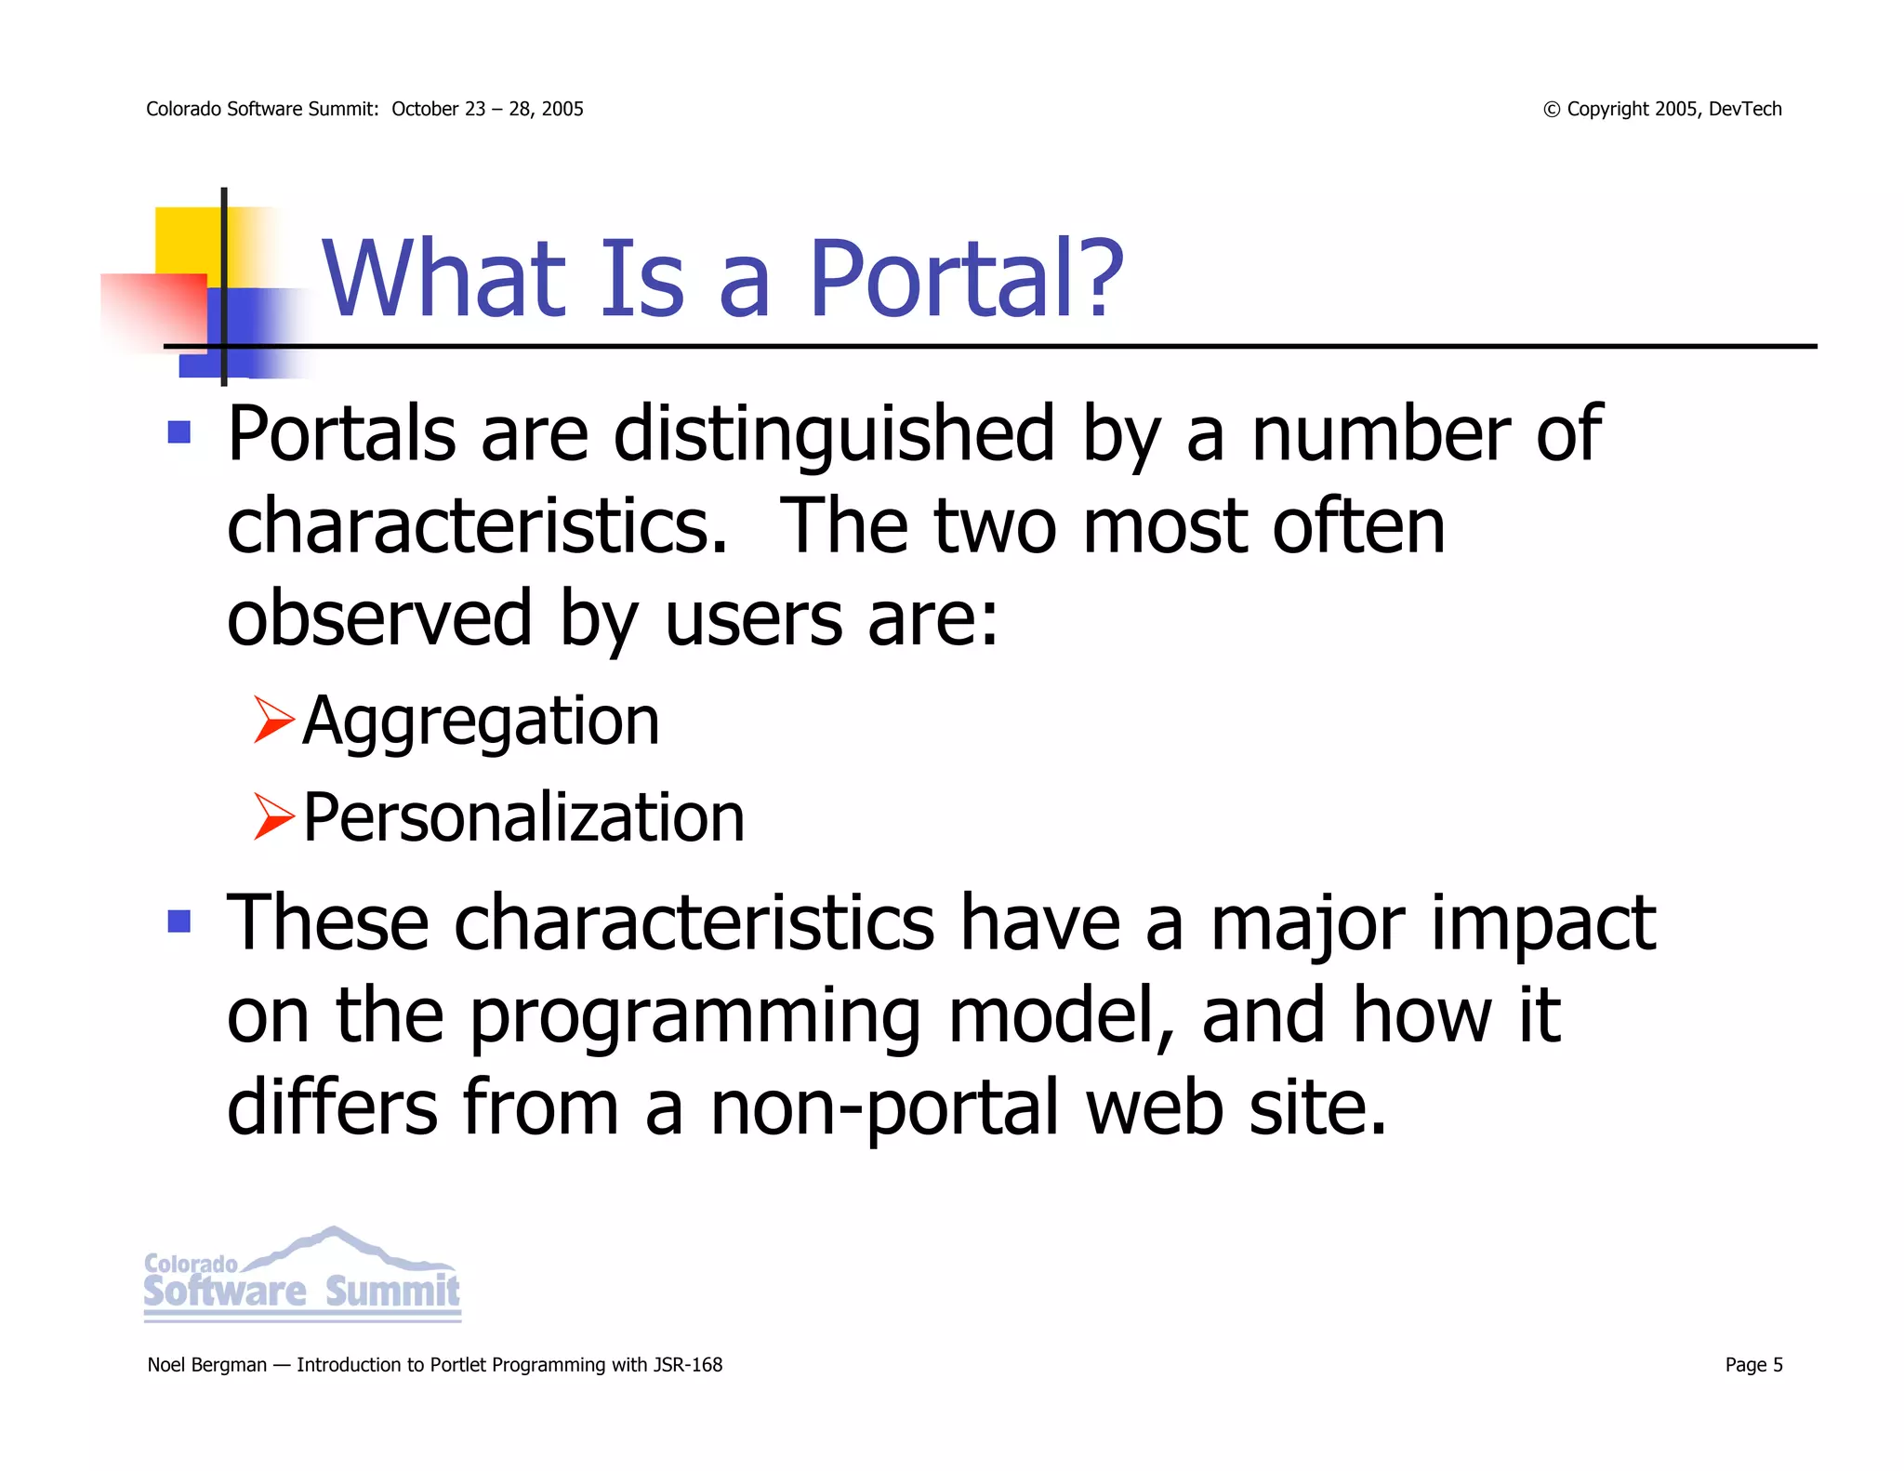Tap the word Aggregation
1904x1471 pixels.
click(x=481, y=722)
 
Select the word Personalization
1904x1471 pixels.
click(x=523, y=818)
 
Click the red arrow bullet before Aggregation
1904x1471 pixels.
click(x=273, y=721)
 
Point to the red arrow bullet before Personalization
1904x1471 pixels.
click(x=273, y=817)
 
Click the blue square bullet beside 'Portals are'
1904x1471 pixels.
click(x=179, y=432)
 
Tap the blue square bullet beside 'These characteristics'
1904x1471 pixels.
click(x=179, y=921)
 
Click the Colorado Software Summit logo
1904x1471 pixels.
click(x=302, y=1276)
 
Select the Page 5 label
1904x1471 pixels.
click(x=1753, y=1365)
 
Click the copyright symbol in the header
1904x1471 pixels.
click(x=1551, y=110)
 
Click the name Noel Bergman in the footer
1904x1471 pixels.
click(x=206, y=1365)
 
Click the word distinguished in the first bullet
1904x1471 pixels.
click(x=834, y=435)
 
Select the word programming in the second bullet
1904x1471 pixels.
click(x=694, y=1017)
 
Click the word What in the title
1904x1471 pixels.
click(x=444, y=279)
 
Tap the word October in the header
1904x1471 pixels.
click(x=425, y=109)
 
